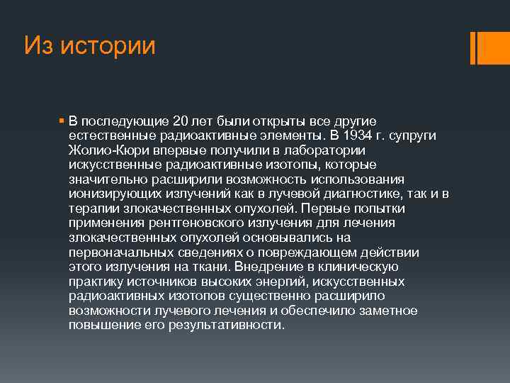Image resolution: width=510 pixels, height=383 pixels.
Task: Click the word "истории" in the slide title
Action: click(x=108, y=46)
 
